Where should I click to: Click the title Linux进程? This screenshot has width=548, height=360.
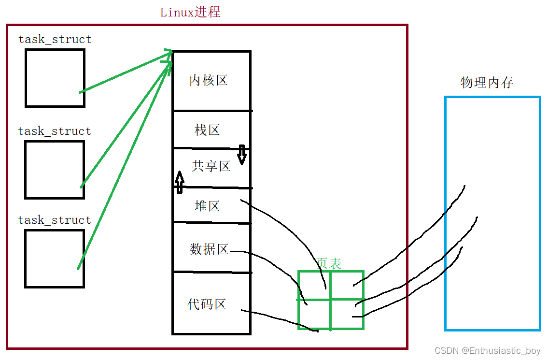[190, 12]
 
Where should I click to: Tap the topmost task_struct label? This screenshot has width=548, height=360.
[55, 39]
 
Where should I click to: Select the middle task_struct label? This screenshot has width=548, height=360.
[55, 131]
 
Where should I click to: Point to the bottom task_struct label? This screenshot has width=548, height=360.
[55, 220]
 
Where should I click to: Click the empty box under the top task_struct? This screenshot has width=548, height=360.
[55, 78]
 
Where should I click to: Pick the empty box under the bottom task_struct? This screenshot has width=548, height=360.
[55, 259]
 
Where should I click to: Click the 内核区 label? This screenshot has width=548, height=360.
[208, 80]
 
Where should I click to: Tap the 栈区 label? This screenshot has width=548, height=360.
[207, 130]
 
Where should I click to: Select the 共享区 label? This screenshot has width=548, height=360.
[211, 166]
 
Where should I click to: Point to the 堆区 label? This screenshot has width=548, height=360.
[207, 206]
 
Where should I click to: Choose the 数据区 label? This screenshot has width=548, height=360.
[209, 249]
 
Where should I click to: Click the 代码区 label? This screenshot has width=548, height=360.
[207, 304]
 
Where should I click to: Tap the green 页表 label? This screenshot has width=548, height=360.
[329, 263]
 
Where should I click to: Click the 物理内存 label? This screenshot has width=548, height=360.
[487, 83]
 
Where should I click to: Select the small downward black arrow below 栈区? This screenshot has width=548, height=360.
[242, 155]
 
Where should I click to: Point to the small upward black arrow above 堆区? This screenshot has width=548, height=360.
[180, 182]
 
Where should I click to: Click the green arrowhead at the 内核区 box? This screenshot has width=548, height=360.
[169, 56]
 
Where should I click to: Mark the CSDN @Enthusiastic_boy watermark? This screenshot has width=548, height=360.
[487, 351]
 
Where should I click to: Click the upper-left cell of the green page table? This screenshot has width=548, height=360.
[314, 285]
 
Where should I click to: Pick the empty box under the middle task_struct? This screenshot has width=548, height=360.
[55, 170]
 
